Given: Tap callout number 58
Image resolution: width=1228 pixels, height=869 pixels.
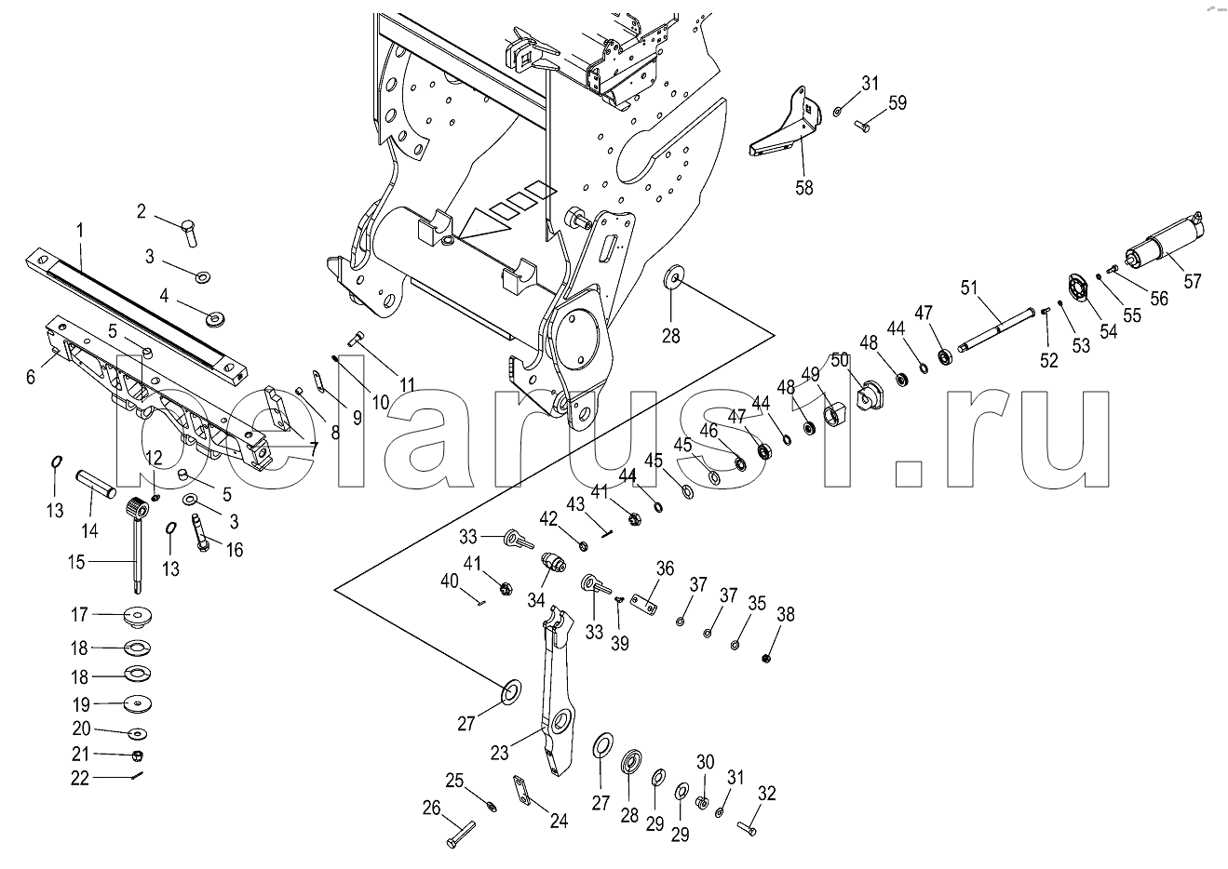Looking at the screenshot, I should click(x=803, y=187).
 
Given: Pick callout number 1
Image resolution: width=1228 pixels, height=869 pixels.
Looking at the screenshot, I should click(x=80, y=229).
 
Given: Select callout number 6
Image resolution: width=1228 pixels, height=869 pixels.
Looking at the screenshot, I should click(x=31, y=376).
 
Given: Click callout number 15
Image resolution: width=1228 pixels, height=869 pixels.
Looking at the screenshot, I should click(x=76, y=562).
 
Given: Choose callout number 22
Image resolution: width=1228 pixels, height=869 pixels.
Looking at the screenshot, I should click(x=81, y=779).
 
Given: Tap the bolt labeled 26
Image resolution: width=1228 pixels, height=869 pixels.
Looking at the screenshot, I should click(x=460, y=830).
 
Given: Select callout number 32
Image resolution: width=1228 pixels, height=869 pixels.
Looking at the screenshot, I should click(x=766, y=794).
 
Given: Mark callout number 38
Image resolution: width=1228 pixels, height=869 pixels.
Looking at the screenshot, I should click(x=787, y=614).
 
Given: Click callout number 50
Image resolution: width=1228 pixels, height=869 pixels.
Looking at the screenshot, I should click(x=839, y=359).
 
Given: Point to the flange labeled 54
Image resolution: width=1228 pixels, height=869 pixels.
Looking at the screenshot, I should click(x=1079, y=289).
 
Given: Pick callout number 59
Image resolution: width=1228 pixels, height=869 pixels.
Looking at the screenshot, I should click(x=897, y=103).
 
